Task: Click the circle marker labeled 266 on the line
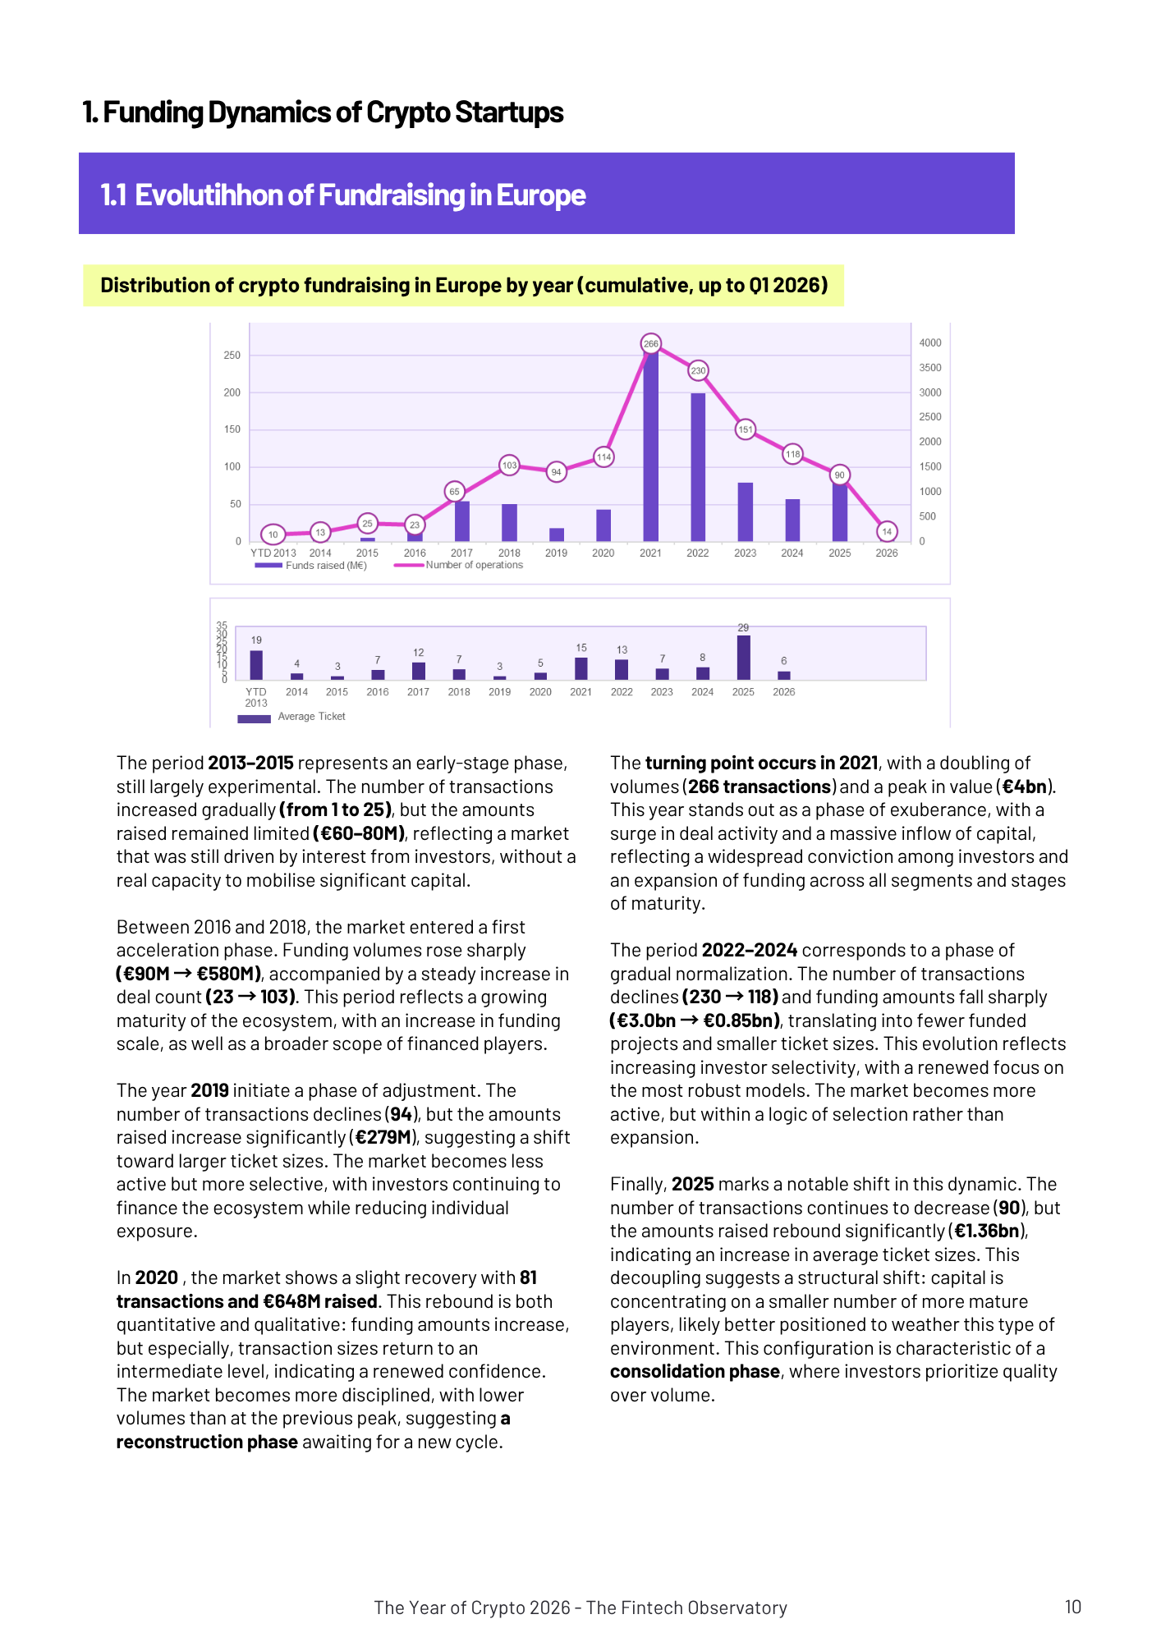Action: point(650,344)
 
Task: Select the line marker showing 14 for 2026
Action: point(887,531)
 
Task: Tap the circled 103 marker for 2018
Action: point(509,466)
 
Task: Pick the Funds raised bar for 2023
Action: point(745,511)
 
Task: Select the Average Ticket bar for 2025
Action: point(743,658)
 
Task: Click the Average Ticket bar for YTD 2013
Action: point(256,665)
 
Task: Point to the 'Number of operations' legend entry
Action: point(474,565)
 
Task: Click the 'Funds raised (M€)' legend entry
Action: point(325,566)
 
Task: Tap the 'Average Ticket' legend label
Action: point(311,717)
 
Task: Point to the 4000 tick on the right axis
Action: point(930,343)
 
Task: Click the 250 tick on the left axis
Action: point(232,355)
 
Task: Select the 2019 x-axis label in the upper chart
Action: point(556,553)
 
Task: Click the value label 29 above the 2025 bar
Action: point(743,628)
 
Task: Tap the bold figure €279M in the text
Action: point(383,1138)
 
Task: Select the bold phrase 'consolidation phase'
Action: point(695,1372)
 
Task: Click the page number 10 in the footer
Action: point(1072,1607)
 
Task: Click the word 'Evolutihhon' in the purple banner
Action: point(208,195)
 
